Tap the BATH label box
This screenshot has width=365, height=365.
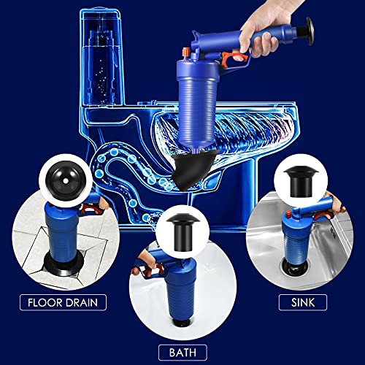point(181,351)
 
